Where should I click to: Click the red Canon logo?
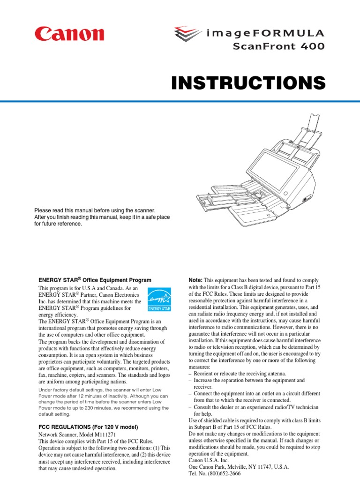[68, 35]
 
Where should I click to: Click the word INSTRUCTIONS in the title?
[248, 83]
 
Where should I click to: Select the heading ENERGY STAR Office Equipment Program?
[95, 280]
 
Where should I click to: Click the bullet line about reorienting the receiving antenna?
[240, 374]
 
